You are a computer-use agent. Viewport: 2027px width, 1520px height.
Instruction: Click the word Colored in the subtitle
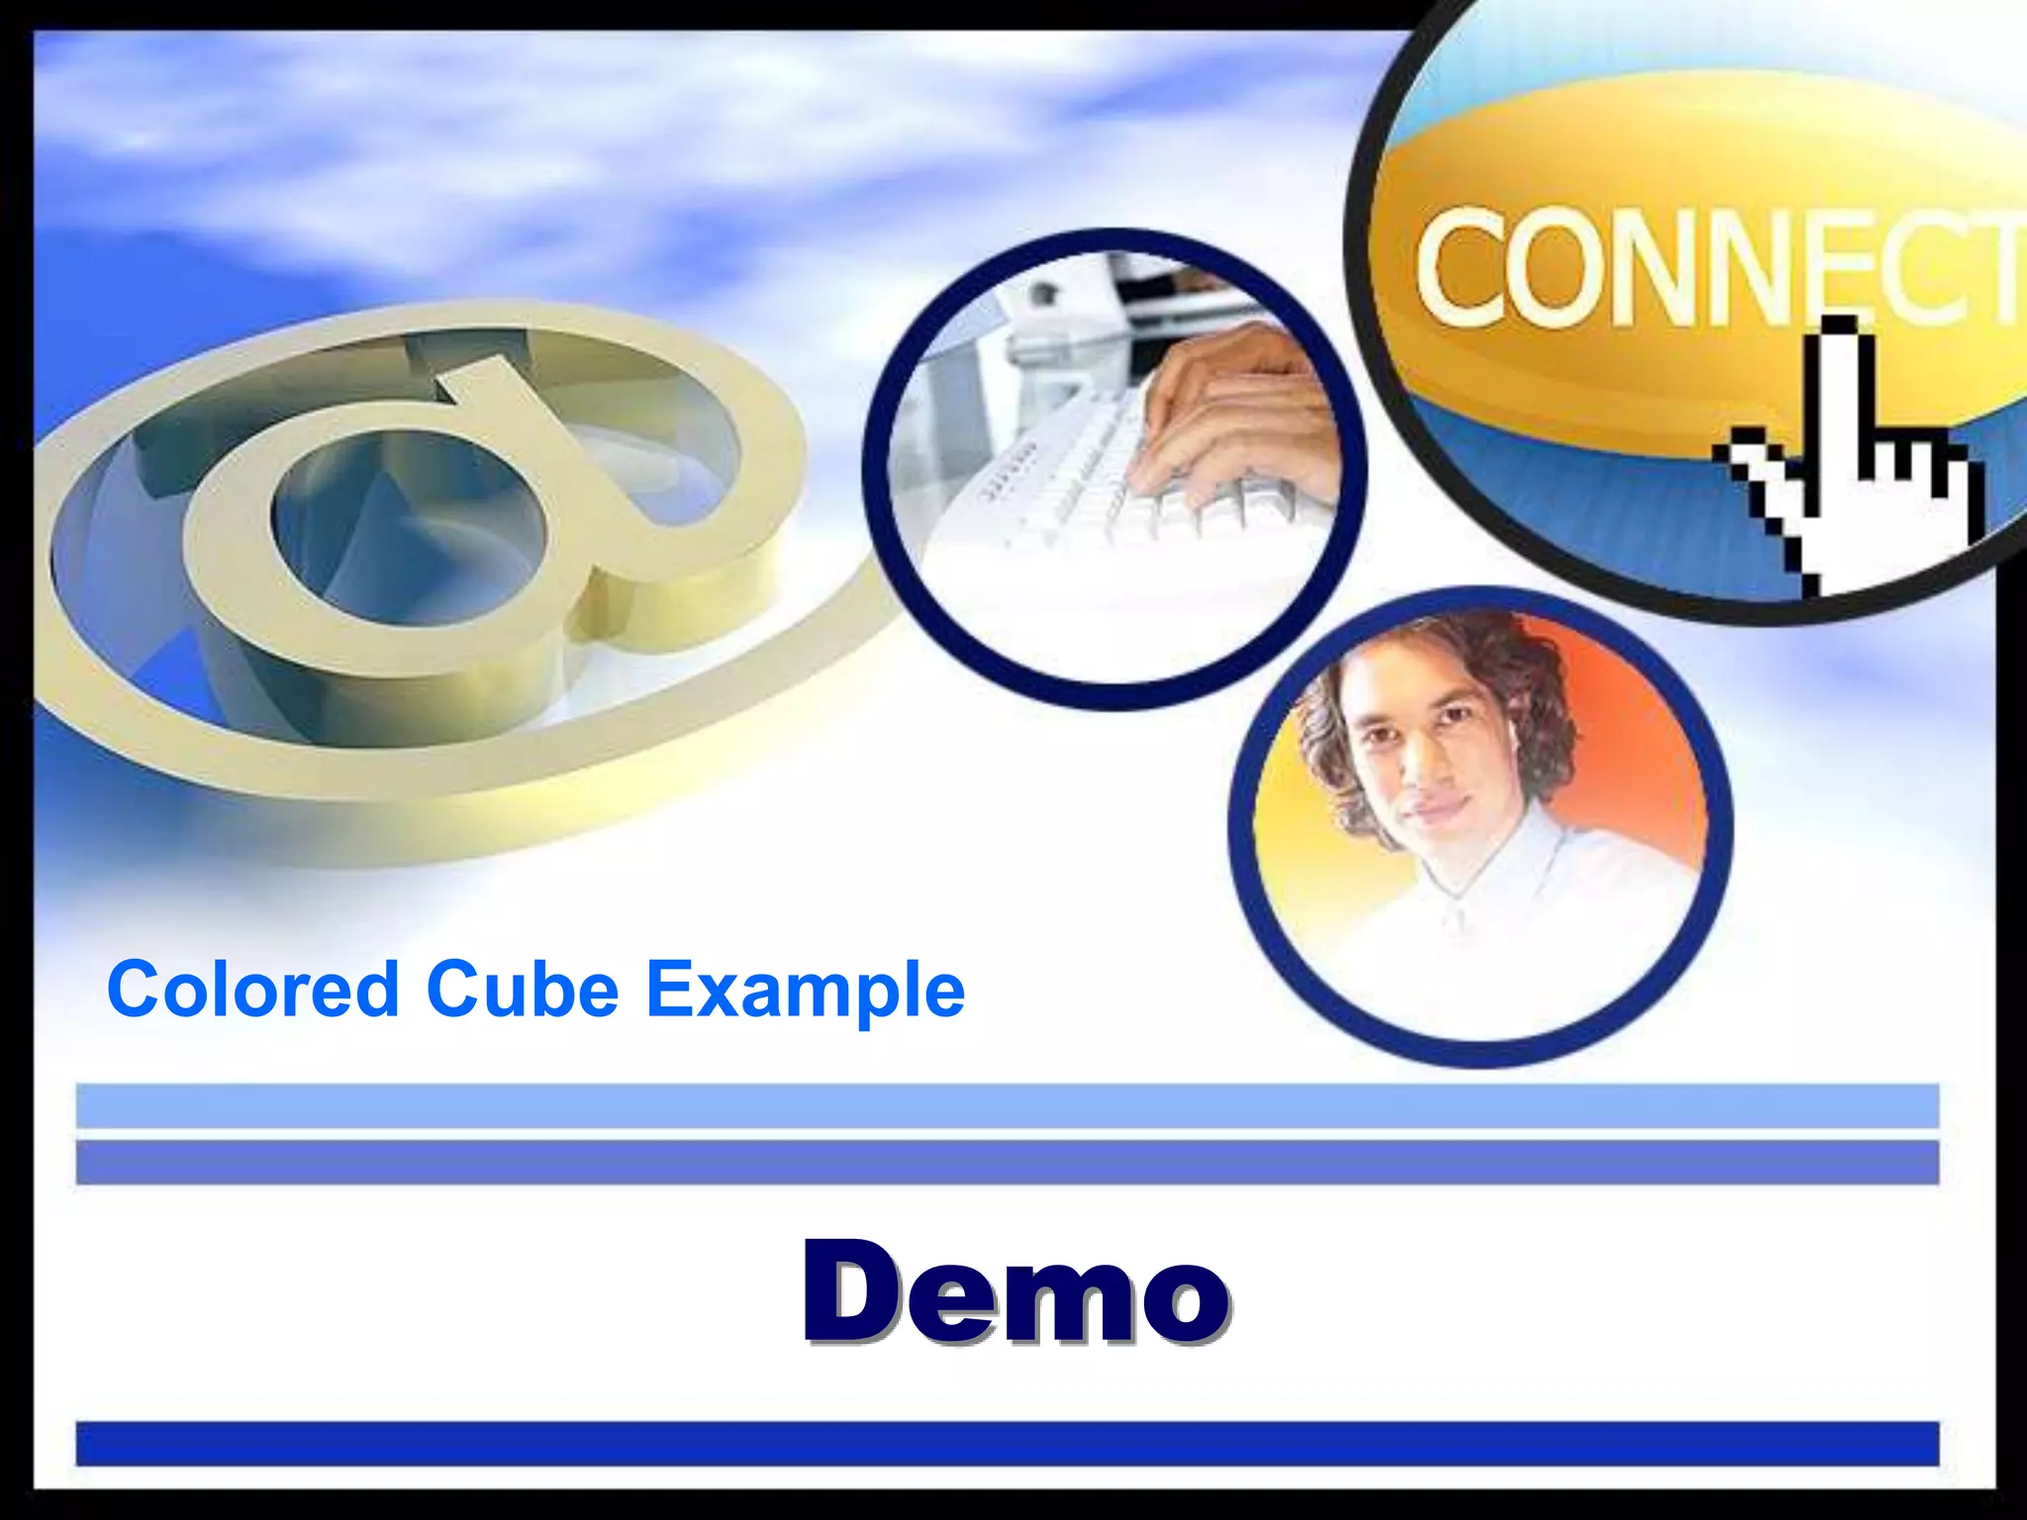(x=252, y=989)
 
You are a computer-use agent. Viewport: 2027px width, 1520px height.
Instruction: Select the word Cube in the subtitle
(x=523, y=989)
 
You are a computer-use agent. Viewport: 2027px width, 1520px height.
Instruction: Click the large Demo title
(x=1015, y=1291)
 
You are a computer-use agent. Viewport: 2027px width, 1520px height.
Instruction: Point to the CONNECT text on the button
(x=1712, y=267)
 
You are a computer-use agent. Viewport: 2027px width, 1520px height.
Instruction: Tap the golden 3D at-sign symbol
(x=416, y=554)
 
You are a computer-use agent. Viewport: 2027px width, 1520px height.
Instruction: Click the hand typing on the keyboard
(x=1237, y=416)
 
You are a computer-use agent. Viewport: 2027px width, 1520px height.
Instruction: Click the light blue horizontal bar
(x=1007, y=1105)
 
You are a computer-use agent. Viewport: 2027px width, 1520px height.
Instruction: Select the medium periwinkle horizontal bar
(x=1007, y=1162)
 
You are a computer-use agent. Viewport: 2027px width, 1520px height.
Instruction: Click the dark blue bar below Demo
(x=1007, y=1444)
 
